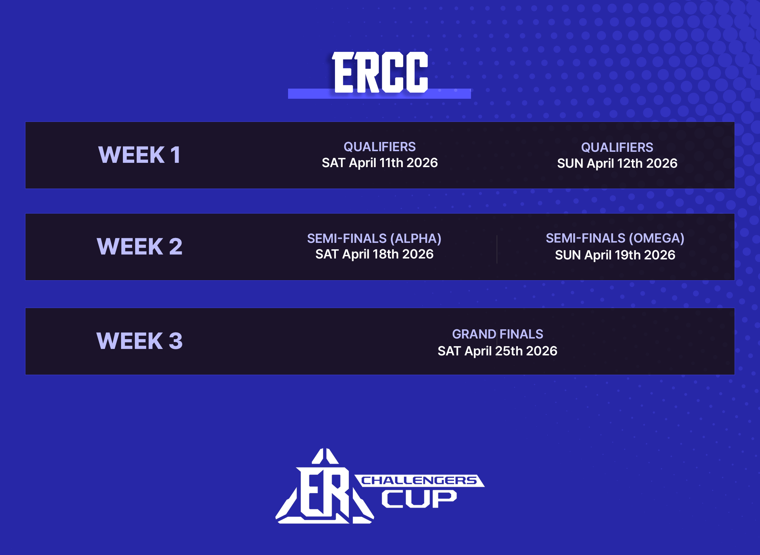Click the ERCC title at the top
[x=380, y=72]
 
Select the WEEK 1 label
[x=139, y=155]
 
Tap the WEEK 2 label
[x=139, y=246]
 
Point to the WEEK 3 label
[x=139, y=341]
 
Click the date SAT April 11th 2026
[x=380, y=163]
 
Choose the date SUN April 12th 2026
[x=617, y=164]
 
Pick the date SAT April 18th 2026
[x=374, y=254]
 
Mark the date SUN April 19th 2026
[x=615, y=255]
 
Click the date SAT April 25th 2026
[x=497, y=351]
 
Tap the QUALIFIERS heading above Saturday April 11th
[x=380, y=147]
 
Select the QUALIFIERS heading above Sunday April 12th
[x=617, y=147]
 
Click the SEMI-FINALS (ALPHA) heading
[x=374, y=239]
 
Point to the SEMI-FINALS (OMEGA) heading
[x=615, y=238]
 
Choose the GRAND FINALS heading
[x=497, y=334]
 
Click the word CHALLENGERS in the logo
[x=419, y=480]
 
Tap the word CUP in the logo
[x=419, y=499]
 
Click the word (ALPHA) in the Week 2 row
[x=416, y=239]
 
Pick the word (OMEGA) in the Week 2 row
[x=657, y=238]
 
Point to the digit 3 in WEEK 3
[x=176, y=341]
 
